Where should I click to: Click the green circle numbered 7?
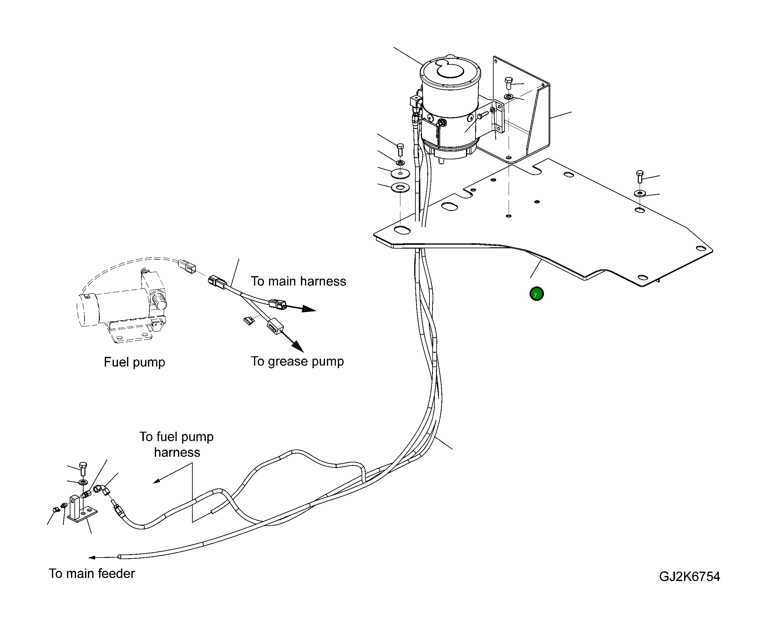click(536, 294)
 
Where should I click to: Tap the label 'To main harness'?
click(298, 281)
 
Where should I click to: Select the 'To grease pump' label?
click(297, 361)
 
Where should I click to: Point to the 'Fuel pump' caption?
click(135, 362)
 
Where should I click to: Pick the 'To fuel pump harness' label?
click(177, 445)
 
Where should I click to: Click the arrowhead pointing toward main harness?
click(309, 309)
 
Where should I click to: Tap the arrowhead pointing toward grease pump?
click(298, 347)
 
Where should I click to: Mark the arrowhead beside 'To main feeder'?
click(92, 558)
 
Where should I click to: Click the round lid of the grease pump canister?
click(450, 72)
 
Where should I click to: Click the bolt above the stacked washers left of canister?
click(400, 149)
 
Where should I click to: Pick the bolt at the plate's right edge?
click(639, 176)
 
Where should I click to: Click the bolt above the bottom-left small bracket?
click(83, 469)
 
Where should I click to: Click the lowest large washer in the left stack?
click(400, 188)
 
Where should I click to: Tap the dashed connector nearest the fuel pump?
click(187, 266)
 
